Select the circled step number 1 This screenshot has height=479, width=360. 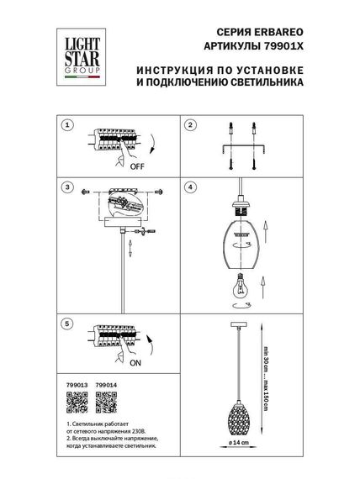pyautogui.click(x=68, y=125)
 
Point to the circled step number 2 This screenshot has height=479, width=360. pyautogui.click(x=190, y=125)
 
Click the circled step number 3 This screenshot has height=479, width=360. pyautogui.click(x=68, y=186)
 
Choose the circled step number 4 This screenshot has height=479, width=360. pyautogui.click(x=190, y=186)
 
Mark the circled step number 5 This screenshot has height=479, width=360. pyautogui.click(x=68, y=324)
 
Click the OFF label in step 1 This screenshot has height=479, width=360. pyautogui.click(x=136, y=166)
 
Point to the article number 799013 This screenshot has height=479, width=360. pyautogui.click(x=75, y=388)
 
